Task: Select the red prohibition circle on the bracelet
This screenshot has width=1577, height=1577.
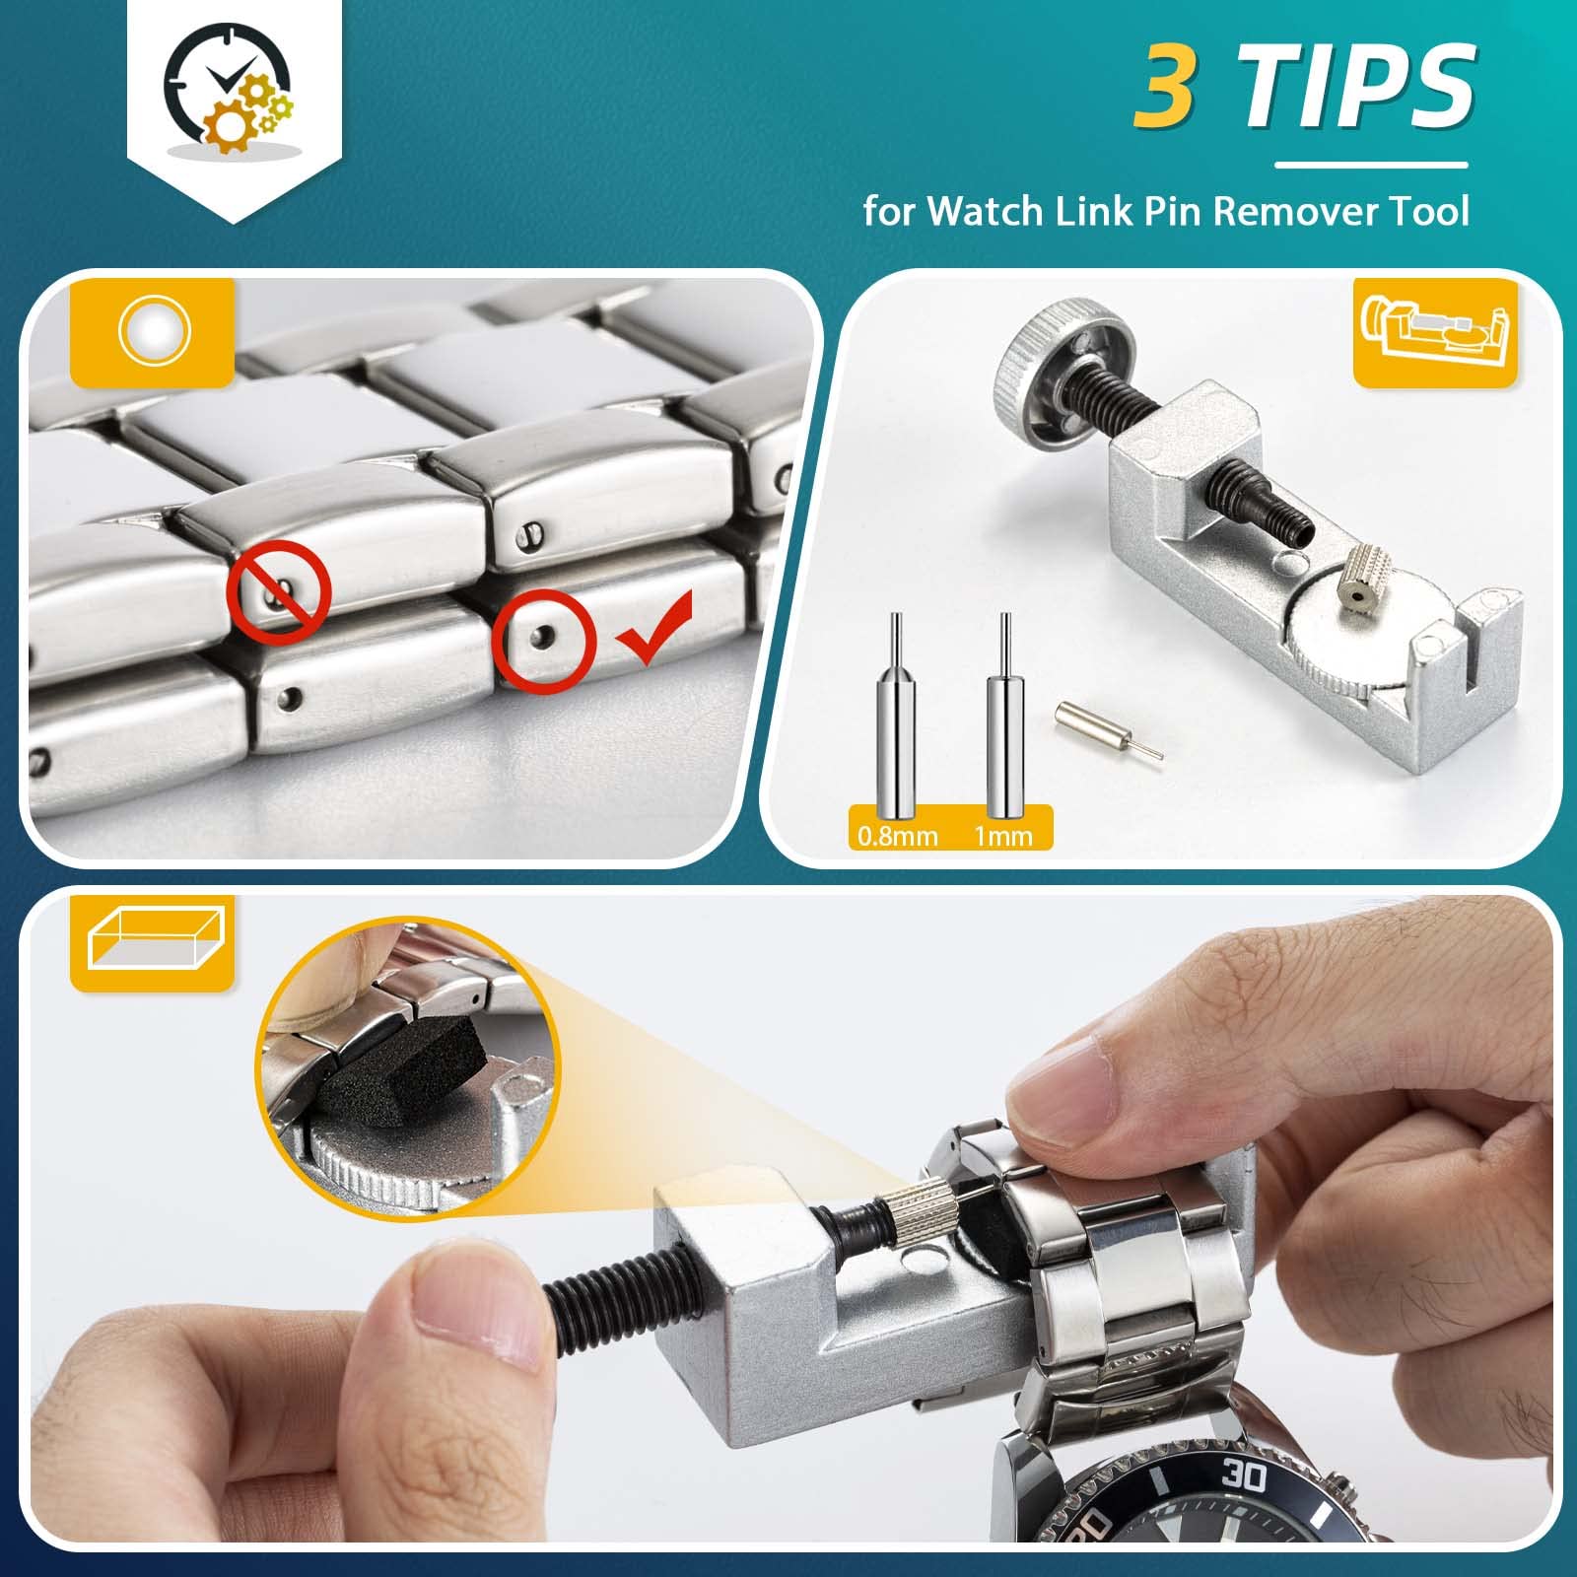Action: pyautogui.click(x=279, y=592)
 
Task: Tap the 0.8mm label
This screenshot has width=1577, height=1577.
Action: pyautogui.click(x=897, y=836)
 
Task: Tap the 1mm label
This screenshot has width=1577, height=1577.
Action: pyautogui.click(x=1003, y=836)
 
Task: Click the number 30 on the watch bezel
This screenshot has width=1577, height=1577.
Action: pyautogui.click(x=1244, y=1475)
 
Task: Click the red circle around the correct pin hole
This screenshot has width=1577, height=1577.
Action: pyautogui.click(x=545, y=641)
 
